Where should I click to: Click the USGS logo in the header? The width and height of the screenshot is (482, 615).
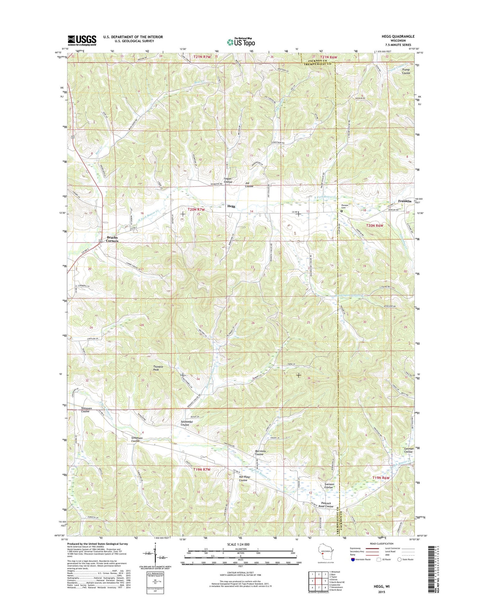[x=82, y=40]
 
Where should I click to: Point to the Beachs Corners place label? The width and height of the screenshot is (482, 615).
[x=112, y=239]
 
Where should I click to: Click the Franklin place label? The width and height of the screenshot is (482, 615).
[x=405, y=201]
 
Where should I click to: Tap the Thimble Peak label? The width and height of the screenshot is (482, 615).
[x=158, y=368]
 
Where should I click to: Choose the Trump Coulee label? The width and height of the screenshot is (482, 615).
[x=406, y=71]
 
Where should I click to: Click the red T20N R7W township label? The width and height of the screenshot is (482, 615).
[x=196, y=209]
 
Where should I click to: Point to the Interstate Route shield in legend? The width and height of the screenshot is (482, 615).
[x=353, y=559]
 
